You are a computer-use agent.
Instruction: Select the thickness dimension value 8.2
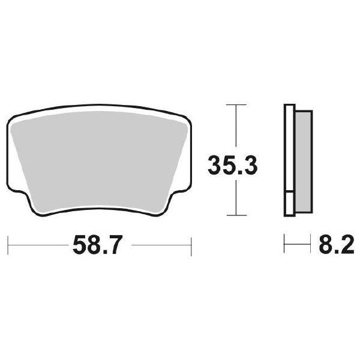point(334,246)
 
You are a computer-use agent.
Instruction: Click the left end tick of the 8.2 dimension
point(284,246)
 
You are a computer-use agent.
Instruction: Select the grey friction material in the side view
point(304,160)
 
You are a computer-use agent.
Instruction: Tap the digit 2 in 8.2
point(344,246)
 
